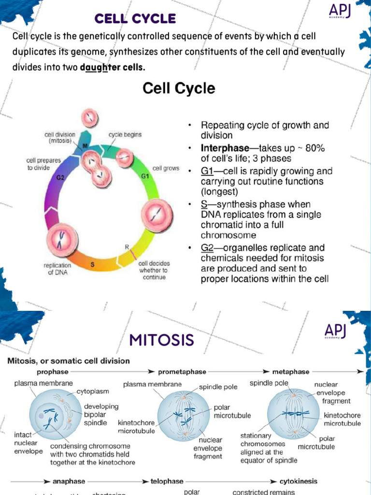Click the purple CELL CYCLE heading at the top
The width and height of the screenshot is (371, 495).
click(135, 19)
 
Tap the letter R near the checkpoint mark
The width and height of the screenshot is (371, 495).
click(127, 247)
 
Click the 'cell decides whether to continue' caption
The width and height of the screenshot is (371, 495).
click(154, 270)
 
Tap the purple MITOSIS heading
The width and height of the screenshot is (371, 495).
click(162, 340)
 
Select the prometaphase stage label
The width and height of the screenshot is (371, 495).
click(182, 372)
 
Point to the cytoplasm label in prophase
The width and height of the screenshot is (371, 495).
click(93, 391)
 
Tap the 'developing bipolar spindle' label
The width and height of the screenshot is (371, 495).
click(101, 414)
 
